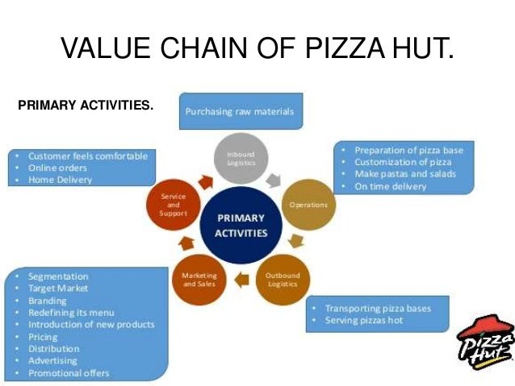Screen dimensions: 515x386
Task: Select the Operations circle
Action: point(307,205)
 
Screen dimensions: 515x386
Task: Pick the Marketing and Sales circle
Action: point(199,279)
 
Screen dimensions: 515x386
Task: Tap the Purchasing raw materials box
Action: point(241,111)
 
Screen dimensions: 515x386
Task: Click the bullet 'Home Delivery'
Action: point(61,180)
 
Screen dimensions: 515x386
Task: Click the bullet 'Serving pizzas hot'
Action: point(364,321)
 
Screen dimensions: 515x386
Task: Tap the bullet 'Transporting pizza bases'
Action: point(378,309)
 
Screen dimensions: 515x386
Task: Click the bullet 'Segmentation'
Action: point(57,276)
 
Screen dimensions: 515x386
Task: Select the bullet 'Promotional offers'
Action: point(69,373)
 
